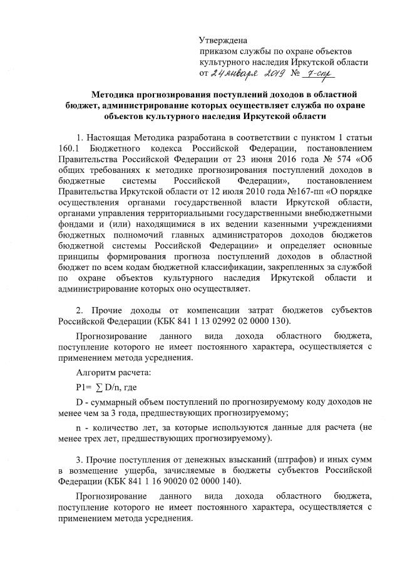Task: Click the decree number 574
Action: pyautogui.click(x=333, y=161)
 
